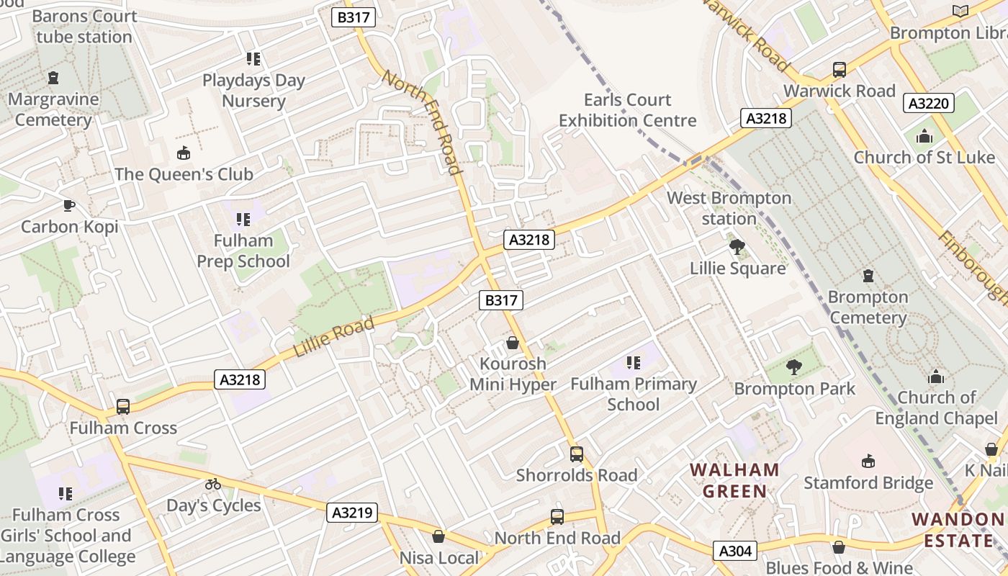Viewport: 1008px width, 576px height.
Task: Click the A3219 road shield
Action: (353, 513)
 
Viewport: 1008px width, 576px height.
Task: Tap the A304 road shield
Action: (736, 552)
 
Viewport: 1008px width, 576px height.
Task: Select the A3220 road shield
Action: (929, 104)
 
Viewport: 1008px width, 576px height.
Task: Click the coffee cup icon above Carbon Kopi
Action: (68, 206)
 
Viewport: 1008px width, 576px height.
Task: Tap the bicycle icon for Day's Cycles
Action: (213, 484)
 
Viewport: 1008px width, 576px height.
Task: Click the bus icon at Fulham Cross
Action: (123, 407)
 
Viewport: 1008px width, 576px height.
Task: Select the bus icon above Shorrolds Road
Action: (576, 454)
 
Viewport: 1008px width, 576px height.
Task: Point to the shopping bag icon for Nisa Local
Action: (438, 536)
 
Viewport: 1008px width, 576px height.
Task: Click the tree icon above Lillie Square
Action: (737, 248)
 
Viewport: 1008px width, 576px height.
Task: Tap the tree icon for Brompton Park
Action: (794, 368)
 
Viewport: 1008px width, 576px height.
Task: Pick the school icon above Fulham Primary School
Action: (634, 363)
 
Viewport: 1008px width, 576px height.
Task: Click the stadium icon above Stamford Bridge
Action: (868, 462)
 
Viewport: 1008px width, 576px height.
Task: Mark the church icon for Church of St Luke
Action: (924, 136)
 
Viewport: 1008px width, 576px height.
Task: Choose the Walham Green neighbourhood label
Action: (734, 481)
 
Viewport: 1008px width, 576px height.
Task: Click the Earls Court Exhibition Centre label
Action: (628, 110)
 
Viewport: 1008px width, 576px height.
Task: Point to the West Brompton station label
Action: (729, 208)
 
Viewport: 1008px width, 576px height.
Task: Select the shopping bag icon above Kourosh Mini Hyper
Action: (513, 343)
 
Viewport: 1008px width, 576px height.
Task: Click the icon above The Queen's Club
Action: (184, 153)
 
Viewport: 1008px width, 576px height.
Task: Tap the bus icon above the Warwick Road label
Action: (840, 70)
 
